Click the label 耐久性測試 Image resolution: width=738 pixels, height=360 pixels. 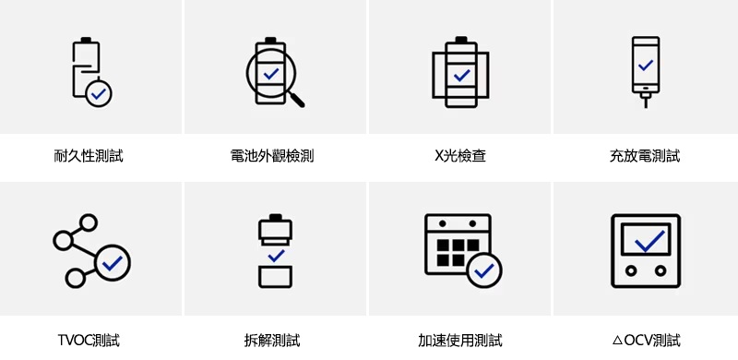click(x=89, y=155)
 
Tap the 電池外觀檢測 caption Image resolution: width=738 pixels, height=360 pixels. click(x=272, y=155)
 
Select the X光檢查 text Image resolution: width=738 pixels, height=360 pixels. click(x=459, y=155)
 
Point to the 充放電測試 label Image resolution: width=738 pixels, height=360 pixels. click(x=645, y=155)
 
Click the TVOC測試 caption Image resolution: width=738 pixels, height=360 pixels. click(x=89, y=340)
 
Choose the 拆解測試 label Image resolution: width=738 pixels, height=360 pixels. click(x=272, y=340)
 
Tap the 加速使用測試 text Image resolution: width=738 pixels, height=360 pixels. click(x=459, y=340)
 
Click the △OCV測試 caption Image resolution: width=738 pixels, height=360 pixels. click(x=646, y=340)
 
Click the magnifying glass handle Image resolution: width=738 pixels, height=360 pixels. click(x=297, y=100)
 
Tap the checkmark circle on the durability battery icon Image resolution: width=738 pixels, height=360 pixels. click(x=99, y=94)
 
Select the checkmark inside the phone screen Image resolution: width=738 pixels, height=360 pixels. click(x=646, y=65)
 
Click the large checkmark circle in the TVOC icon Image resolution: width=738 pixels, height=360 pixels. click(x=113, y=262)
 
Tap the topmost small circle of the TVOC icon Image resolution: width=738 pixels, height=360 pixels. click(x=88, y=222)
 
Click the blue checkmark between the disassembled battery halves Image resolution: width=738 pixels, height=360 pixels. click(x=276, y=256)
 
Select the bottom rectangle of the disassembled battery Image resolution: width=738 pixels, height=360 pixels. click(x=275, y=277)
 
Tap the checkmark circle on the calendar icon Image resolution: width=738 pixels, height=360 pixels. click(x=484, y=270)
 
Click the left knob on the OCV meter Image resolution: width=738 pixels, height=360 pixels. click(x=631, y=271)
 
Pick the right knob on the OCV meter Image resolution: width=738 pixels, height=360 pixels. click(x=661, y=271)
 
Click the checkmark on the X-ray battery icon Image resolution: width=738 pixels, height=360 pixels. click(x=461, y=75)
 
